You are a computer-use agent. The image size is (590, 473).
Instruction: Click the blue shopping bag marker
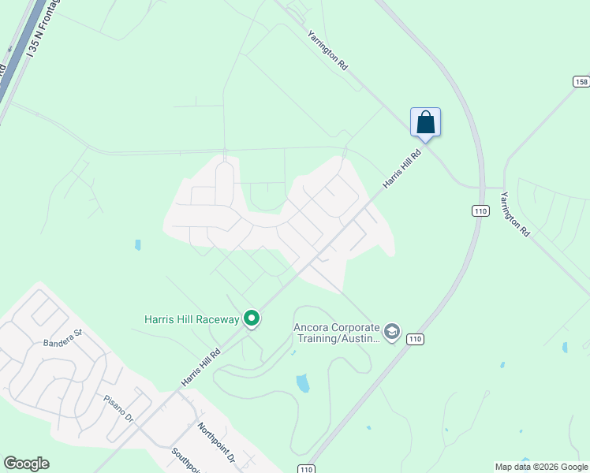(425, 123)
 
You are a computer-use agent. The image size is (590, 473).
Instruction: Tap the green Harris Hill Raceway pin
(252, 318)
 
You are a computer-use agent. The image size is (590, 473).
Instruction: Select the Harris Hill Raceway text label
(191, 319)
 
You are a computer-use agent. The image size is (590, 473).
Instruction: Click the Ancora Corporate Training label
(337, 332)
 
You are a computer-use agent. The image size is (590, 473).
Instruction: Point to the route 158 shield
(581, 82)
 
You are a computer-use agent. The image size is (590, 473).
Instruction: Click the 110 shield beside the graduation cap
(415, 339)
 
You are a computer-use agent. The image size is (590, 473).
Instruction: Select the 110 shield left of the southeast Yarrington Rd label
(480, 210)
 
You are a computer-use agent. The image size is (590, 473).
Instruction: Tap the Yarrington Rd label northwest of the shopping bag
(327, 52)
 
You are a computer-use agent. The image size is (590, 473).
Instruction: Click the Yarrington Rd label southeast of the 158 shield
(513, 213)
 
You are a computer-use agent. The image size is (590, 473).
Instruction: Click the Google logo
(26, 464)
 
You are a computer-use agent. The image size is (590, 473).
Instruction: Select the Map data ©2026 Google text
(541, 467)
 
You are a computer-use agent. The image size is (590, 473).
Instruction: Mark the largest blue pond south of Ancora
(303, 383)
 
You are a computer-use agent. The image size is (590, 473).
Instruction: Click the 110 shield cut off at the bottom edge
(307, 468)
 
